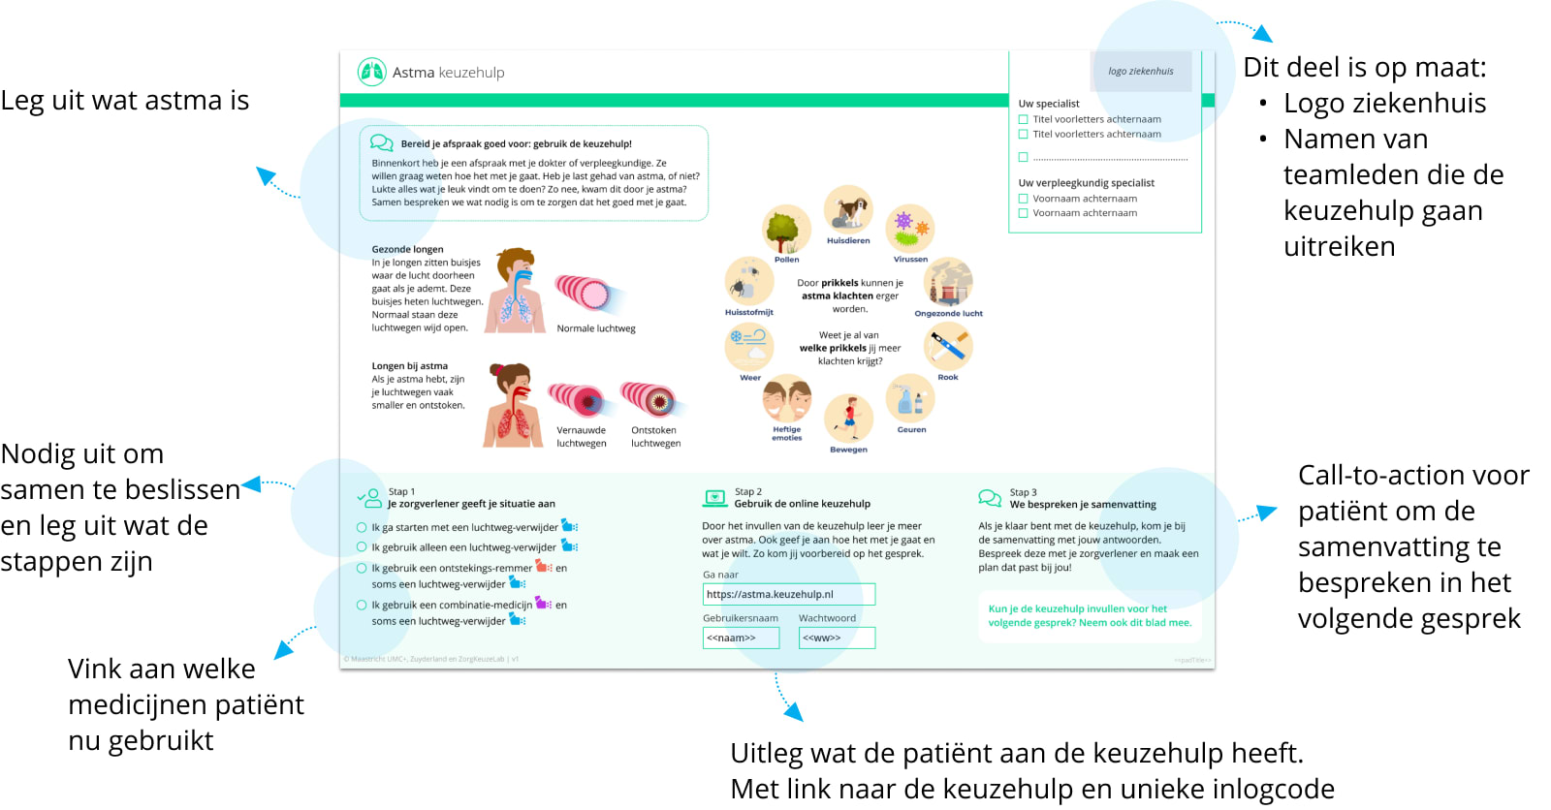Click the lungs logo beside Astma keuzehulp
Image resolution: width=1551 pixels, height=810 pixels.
click(x=371, y=72)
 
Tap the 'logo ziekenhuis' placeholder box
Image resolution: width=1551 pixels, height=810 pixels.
click(x=1140, y=72)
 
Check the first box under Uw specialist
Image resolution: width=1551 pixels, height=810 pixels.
click(x=1023, y=120)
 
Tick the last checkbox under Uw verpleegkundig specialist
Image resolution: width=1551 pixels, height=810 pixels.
click(x=1023, y=213)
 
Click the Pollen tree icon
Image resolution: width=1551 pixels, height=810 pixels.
click(x=786, y=230)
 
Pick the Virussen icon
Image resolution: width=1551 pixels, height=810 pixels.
click(x=909, y=230)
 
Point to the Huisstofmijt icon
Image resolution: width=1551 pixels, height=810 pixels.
click(x=748, y=282)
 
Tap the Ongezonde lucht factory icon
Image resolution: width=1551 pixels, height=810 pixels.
click(x=948, y=283)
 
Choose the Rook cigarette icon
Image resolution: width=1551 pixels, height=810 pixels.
click(x=947, y=347)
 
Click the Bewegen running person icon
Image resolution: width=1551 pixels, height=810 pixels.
click(x=848, y=419)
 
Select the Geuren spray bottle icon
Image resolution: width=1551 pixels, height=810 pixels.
click(x=910, y=398)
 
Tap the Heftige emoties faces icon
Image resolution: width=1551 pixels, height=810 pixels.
click(x=786, y=398)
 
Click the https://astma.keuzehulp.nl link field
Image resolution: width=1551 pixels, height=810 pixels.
click(x=788, y=594)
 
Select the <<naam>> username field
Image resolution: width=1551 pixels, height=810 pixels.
click(x=741, y=638)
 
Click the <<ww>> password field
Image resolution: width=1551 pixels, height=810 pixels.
click(x=836, y=638)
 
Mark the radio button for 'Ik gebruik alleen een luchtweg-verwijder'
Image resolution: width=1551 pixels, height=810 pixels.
click(x=362, y=547)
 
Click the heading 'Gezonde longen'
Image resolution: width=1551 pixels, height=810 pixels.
click(x=407, y=249)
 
